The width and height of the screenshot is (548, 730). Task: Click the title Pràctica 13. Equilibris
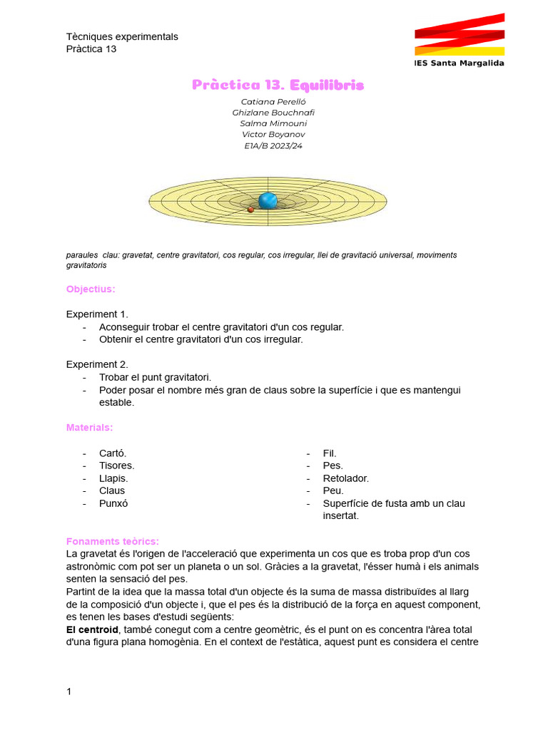coord(278,85)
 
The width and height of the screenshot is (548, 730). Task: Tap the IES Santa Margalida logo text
coord(459,63)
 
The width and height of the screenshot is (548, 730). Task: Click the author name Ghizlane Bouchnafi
coord(273,113)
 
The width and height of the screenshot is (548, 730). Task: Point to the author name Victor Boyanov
coord(273,135)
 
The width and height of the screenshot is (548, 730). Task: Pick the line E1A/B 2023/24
coord(273,146)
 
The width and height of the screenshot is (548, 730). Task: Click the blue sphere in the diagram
coord(268,200)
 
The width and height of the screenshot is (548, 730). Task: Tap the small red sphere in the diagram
coord(250,210)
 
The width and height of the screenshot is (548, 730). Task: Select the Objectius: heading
coord(90,289)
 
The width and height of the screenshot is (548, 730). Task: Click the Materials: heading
coord(89,427)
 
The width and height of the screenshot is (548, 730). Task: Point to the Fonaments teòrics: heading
coord(113,541)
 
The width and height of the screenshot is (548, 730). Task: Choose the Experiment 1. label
coord(97,314)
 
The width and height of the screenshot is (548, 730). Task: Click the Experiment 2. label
coord(97,364)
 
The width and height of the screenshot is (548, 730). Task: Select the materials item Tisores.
coord(116,466)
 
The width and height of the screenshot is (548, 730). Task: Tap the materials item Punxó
coord(113,503)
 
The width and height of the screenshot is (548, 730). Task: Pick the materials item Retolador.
coord(346,478)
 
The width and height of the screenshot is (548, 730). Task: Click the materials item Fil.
coord(330,453)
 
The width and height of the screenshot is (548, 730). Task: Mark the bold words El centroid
coord(92,630)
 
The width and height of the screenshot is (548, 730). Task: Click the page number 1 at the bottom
coord(69,692)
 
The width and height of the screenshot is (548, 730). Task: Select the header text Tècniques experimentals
coord(122,36)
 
